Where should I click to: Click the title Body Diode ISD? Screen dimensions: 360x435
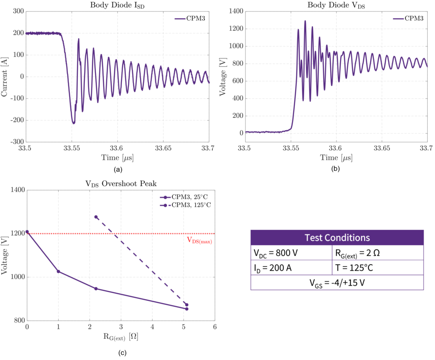(117, 6)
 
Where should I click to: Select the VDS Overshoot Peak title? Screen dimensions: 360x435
(121, 184)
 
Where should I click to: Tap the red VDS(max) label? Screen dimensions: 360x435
(199, 240)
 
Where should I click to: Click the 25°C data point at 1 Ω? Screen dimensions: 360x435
(58, 272)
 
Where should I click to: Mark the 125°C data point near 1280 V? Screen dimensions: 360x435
(96, 217)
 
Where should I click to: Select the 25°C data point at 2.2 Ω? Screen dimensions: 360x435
(96, 289)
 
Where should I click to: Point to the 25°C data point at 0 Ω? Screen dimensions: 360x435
(27, 232)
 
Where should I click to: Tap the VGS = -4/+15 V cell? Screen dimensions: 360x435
(337, 282)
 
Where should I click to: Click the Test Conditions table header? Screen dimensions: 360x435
(337, 237)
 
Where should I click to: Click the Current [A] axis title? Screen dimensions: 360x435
(5, 77)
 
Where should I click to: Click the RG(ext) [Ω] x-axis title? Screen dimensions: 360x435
(121, 337)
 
